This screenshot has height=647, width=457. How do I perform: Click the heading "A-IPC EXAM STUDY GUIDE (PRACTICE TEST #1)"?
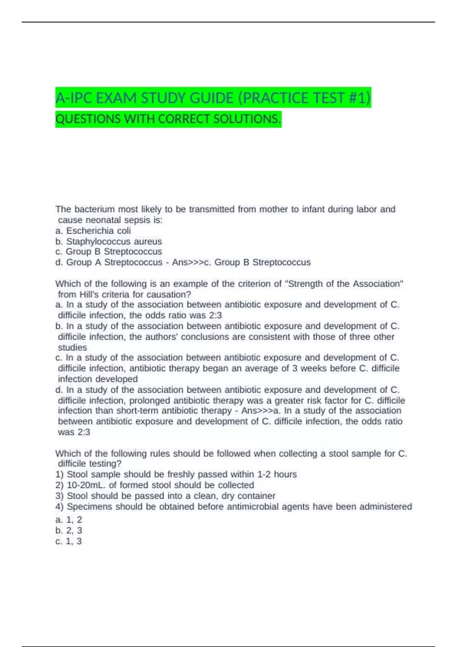[x=213, y=98]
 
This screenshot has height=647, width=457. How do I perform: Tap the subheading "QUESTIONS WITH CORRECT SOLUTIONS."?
[x=168, y=119]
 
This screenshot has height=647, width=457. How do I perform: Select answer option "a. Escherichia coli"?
[x=93, y=231]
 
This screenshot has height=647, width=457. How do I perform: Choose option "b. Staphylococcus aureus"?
[x=109, y=241]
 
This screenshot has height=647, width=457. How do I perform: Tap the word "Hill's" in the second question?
[x=90, y=295]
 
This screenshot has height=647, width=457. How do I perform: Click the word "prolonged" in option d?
[x=150, y=400]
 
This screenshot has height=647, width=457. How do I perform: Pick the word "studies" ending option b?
[x=72, y=347]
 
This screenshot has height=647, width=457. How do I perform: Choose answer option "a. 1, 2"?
[x=69, y=520]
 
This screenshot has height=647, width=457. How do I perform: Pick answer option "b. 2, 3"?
[x=69, y=531]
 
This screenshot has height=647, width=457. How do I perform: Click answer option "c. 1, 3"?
[x=69, y=541]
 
